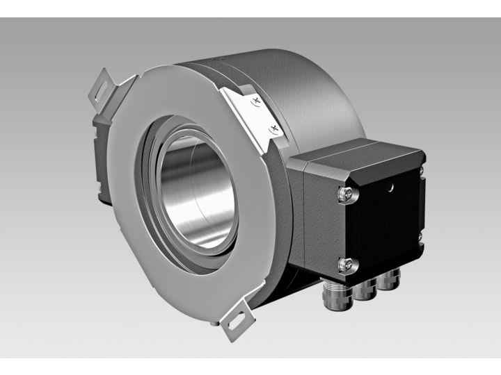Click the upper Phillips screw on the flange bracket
click(258, 103)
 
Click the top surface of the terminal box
click(355, 153)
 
